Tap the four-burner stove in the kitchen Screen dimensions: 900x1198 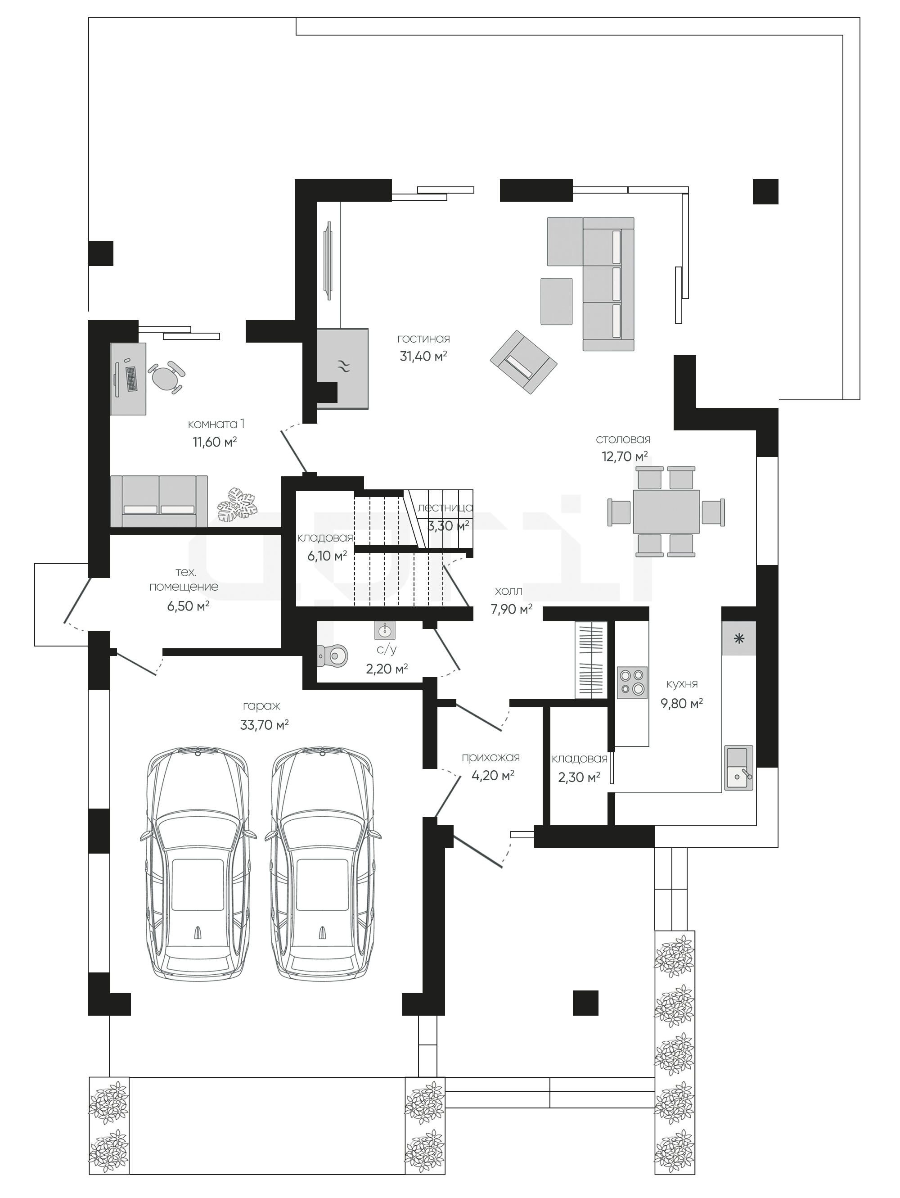[632, 683]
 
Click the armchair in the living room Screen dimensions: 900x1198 [523, 362]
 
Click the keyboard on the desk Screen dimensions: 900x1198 [131, 379]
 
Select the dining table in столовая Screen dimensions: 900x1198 [666, 511]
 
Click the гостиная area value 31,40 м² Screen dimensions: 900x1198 [423, 357]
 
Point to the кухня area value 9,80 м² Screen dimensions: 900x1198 [681, 704]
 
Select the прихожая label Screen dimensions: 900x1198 [490, 758]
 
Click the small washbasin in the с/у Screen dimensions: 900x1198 [385, 630]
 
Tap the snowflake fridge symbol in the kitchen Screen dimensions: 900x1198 [739, 638]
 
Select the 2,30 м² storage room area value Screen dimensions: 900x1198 [579, 777]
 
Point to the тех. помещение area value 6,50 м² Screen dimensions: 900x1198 [189, 606]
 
